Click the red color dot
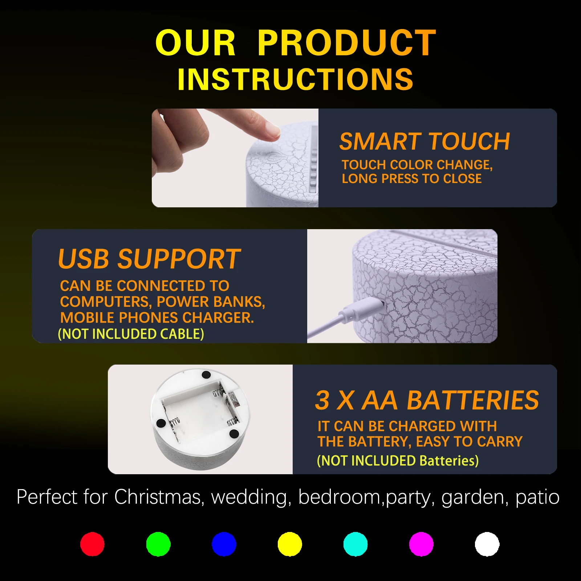click(x=92, y=544)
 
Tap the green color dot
click(x=158, y=544)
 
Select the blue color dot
click(x=224, y=544)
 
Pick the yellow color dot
click(x=290, y=544)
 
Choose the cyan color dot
click(x=355, y=544)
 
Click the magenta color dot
click(x=421, y=544)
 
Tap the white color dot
click(x=487, y=544)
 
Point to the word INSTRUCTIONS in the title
click(x=295, y=79)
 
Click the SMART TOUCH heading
click(x=424, y=141)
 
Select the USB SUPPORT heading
click(x=149, y=259)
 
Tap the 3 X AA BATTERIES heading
click(x=427, y=400)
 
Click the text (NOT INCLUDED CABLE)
click(x=131, y=334)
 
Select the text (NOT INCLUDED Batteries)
click(x=398, y=460)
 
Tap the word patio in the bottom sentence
click(x=537, y=497)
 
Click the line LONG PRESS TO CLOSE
click(x=412, y=179)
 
